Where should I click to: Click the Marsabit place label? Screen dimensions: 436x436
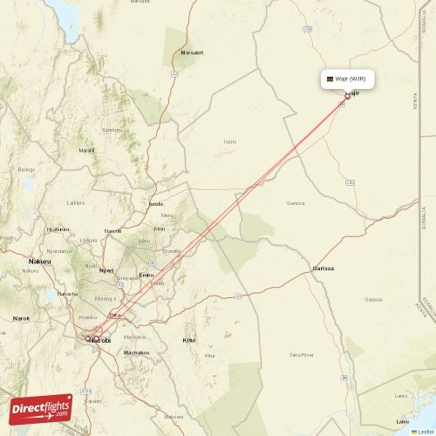click(192, 52)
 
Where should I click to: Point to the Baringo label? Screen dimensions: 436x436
click(26, 169)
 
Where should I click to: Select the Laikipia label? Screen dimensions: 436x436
click(76, 201)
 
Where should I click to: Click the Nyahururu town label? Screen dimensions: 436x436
click(58, 229)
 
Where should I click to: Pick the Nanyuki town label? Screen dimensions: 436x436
click(112, 230)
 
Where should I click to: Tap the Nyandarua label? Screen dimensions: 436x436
click(88, 240)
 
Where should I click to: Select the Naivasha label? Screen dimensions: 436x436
click(67, 294)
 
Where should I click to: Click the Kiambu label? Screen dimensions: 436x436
click(87, 317)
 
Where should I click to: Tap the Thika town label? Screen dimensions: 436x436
click(112, 314)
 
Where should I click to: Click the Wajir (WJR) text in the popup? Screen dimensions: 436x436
click(354, 79)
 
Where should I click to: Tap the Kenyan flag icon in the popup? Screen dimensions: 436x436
click(328, 79)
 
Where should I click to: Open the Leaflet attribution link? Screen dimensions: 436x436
click(425, 431)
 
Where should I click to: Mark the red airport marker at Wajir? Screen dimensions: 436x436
click(347, 96)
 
